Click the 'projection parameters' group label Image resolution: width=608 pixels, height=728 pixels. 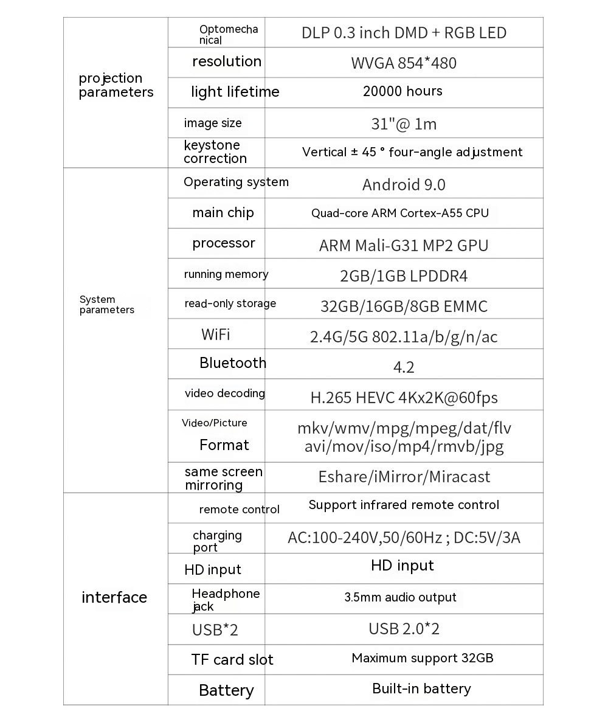[x=116, y=85]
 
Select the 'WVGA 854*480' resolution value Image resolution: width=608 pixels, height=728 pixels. [x=403, y=63]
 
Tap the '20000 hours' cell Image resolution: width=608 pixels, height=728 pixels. [x=402, y=91]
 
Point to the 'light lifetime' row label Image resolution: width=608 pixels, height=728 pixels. [x=235, y=92]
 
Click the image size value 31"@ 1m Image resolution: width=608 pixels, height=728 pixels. [x=404, y=124]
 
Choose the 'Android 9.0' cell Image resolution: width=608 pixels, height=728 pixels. [x=404, y=184]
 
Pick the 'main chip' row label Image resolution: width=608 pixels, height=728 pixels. [x=223, y=212]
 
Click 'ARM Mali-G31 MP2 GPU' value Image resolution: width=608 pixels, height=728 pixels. [x=404, y=245]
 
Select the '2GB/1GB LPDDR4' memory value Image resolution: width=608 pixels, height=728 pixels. [x=404, y=276]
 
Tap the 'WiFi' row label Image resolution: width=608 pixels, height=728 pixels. [x=216, y=334]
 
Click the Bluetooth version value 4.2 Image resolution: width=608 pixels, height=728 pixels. [x=404, y=367]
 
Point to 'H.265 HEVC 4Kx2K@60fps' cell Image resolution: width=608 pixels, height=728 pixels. [x=404, y=398]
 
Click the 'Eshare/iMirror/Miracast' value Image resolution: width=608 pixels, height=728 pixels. [x=404, y=477]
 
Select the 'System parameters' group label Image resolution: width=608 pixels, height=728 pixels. [x=107, y=304]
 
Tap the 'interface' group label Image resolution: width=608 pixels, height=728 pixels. [x=114, y=597]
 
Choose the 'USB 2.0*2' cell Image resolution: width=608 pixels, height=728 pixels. [x=404, y=628]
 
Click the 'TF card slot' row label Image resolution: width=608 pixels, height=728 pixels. [x=232, y=659]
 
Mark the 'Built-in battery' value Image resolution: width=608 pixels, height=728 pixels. [x=421, y=688]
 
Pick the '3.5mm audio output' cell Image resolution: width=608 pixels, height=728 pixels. [x=400, y=597]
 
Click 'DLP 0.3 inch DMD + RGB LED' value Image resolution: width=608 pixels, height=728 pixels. [x=404, y=32]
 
